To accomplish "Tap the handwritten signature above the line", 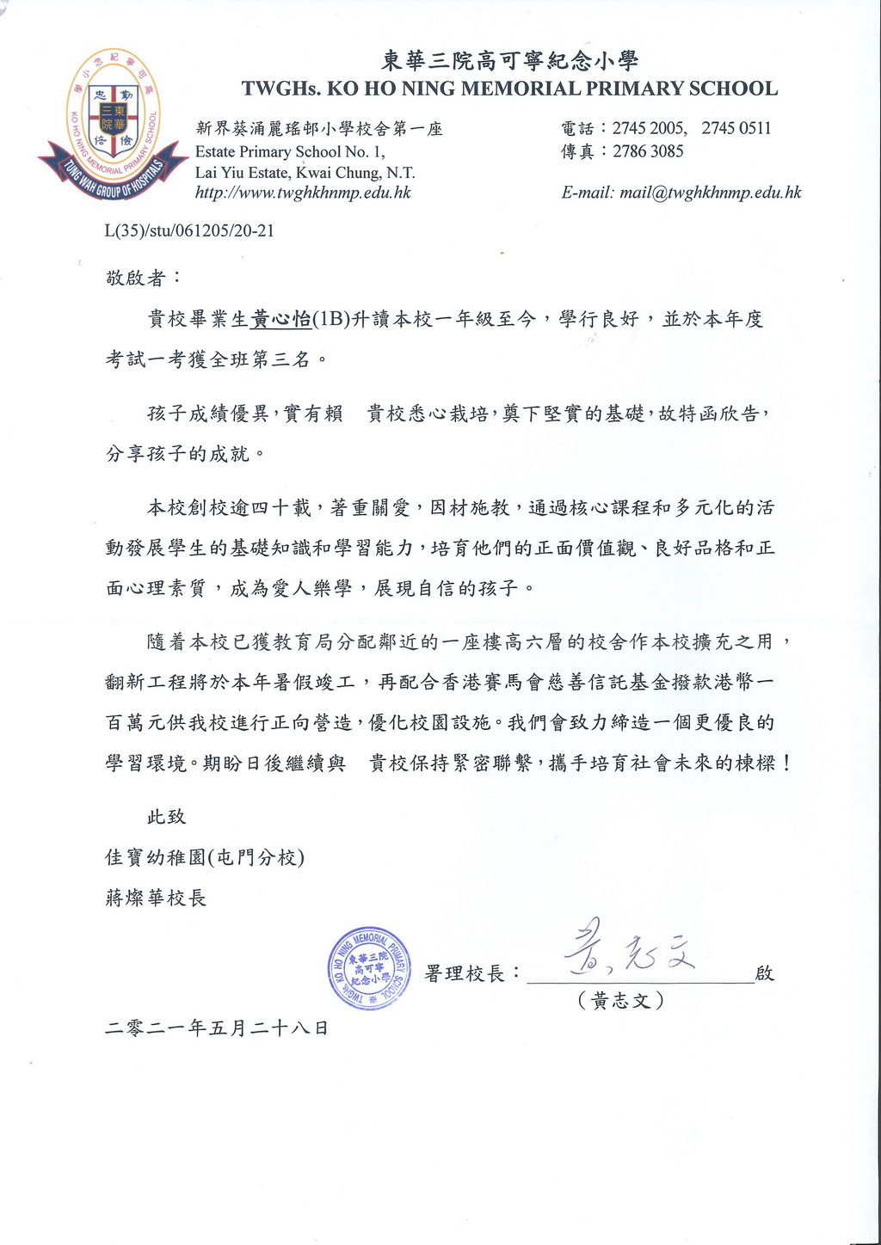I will [629, 950].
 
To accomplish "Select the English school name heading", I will [509, 89].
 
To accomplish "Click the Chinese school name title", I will [509, 60].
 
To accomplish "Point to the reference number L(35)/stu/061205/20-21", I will [189, 230].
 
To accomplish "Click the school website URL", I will [303, 193].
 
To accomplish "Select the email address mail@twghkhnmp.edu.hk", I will [710, 193].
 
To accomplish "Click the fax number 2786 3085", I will [648, 151].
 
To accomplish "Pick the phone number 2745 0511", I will [736, 128].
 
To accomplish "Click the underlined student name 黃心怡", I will [280, 319].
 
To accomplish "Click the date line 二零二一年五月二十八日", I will [217, 1027].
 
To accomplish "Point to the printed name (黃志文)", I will [622, 1001].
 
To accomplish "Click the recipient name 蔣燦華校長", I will [156, 898].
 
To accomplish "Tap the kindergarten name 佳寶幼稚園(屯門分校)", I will [205, 857].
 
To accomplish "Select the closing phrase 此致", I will [166, 816].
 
